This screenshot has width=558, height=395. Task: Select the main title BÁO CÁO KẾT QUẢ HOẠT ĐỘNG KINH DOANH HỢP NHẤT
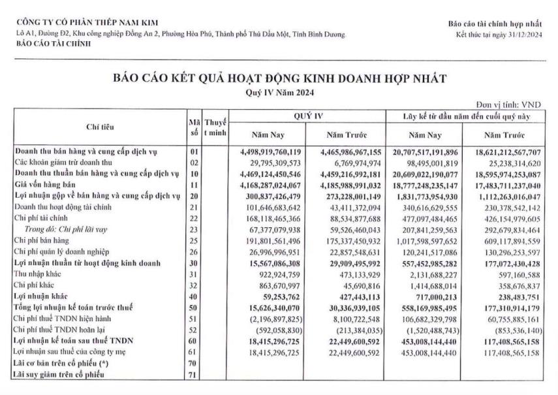click(x=280, y=79)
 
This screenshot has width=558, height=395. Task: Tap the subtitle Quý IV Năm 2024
click(x=280, y=93)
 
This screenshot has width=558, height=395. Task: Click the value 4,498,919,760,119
click(x=268, y=151)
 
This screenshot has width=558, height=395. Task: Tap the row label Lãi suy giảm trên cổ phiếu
click(x=61, y=374)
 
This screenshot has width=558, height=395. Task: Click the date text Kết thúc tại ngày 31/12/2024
click(x=499, y=34)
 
